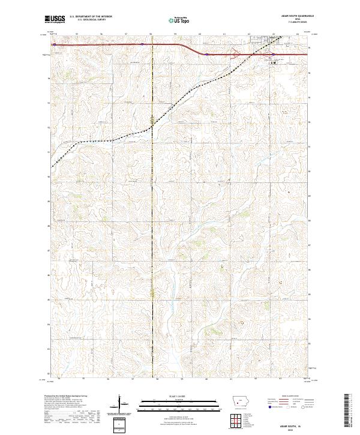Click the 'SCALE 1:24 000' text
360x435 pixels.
pyautogui.click(x=162, y=395)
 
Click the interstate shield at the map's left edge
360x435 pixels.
pyautogui.click(x=53, y=44)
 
